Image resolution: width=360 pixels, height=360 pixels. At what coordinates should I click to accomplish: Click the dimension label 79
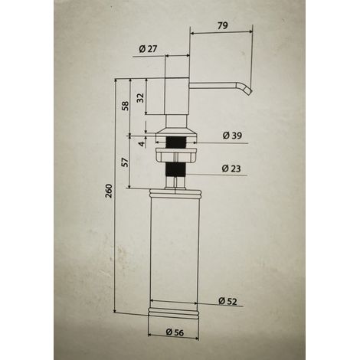pos(223,25)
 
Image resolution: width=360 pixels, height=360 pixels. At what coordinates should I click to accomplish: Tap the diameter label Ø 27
pos(148,48)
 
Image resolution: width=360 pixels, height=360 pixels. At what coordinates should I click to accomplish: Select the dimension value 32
pos(140,98)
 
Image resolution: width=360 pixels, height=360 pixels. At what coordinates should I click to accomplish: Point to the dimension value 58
pos(125,106)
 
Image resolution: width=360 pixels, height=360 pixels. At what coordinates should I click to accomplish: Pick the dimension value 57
pos(125,162)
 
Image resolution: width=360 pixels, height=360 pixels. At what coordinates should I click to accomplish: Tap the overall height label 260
pos(109,191)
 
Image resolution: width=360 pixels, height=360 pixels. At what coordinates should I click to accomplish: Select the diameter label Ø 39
pos(232,136)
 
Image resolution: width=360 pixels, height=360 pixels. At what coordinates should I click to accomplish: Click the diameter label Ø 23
pos(231,169)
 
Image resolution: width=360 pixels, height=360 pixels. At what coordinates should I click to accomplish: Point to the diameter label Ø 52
pos(227,301)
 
